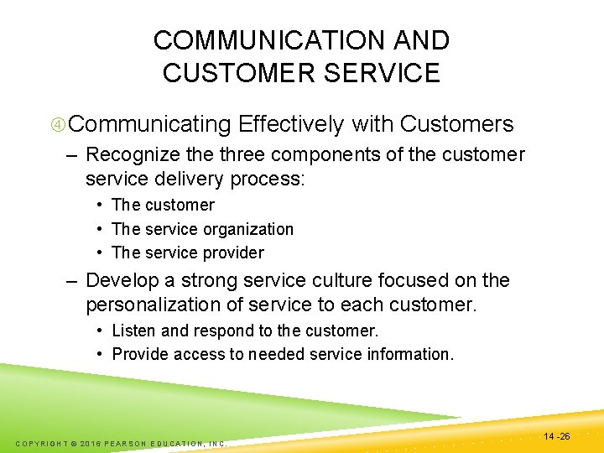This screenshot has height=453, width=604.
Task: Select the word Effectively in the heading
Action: click(x=291, y=125)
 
